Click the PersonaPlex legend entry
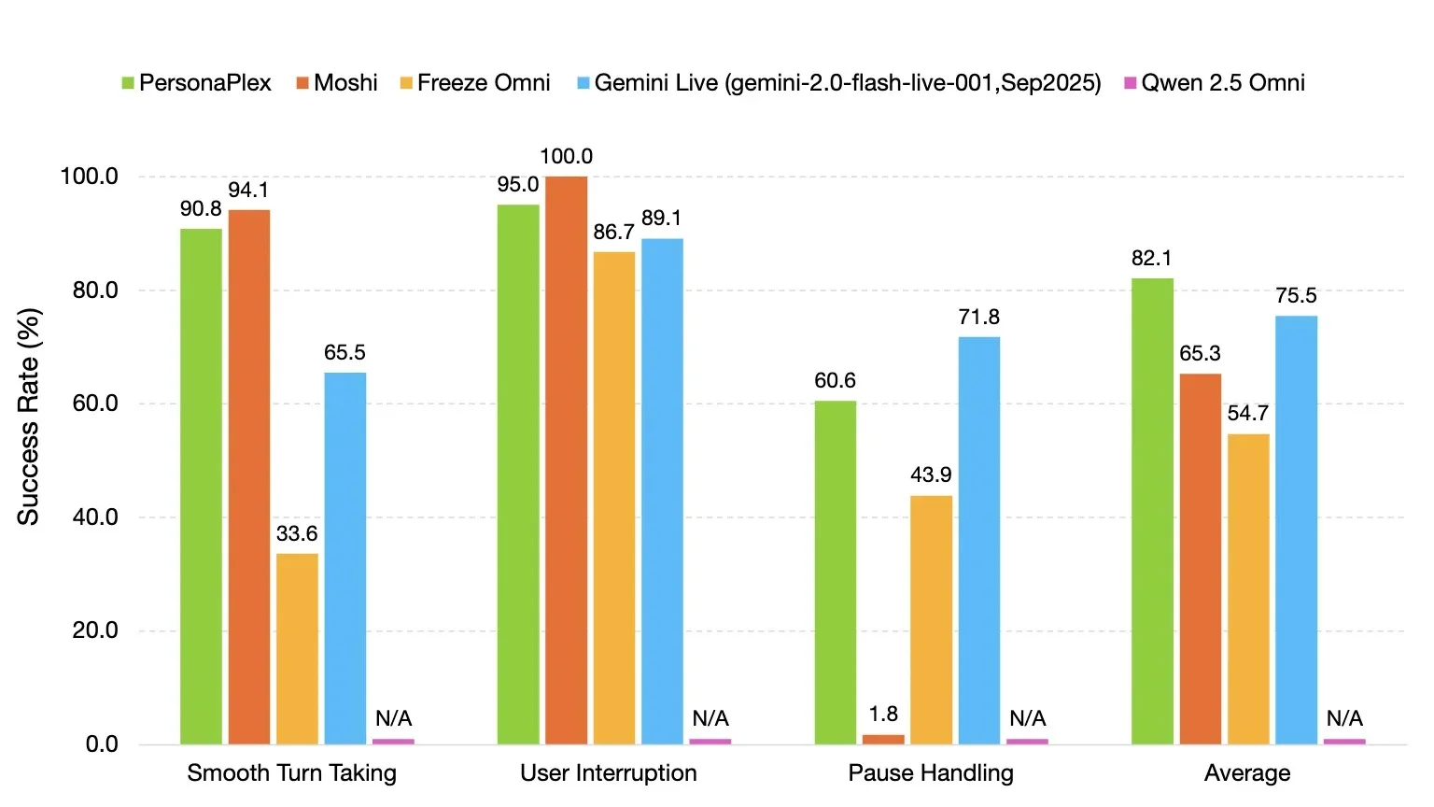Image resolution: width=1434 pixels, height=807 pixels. pos(197,82)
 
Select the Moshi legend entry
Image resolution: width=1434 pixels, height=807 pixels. pos(337,82)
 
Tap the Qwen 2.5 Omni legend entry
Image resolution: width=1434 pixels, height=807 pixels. pos(1215,82)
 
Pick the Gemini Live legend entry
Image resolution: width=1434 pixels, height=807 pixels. pos(838,82)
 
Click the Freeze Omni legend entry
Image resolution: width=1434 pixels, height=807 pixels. pos(475,82)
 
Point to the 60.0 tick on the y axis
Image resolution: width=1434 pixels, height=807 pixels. pos(95,403)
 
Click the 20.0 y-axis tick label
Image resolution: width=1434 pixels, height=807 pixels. pos(95,630)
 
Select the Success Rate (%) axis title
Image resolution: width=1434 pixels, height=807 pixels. pos(28,417)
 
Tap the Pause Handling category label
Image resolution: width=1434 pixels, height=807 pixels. pos(931,773)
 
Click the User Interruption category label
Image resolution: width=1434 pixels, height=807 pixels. pos(608,773)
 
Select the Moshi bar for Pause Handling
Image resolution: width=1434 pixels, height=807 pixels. pos(883,739)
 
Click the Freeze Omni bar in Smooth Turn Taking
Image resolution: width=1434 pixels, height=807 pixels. pos(297,649)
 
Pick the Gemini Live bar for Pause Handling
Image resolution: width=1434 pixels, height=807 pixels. pos(978,541)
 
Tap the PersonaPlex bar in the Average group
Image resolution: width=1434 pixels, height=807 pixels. pos(1152,511)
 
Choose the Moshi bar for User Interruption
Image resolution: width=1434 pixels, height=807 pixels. pos(567,460)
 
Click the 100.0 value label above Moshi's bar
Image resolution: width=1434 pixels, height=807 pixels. pos(567,156)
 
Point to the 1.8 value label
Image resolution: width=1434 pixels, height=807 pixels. pos(883,714)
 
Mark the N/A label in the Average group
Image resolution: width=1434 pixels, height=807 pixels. pos(1344,718)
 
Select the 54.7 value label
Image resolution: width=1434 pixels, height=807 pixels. pos(1247,413)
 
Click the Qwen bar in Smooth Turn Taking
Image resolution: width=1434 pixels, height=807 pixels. pos(393,742)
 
